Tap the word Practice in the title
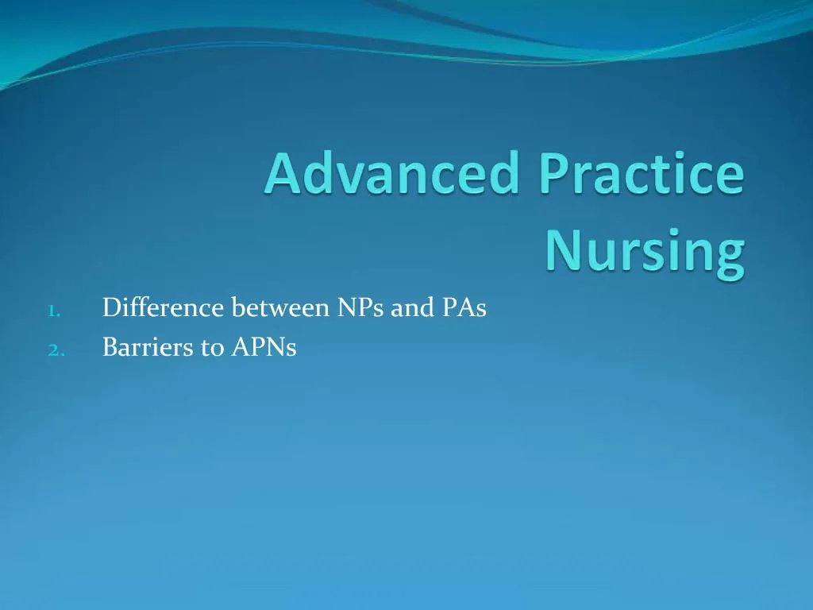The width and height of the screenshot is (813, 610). (x=642, y=173)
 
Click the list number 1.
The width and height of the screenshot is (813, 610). (x=52, y=311)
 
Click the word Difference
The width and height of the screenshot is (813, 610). (x=164, y=307)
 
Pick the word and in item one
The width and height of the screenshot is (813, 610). (x=412, y=307)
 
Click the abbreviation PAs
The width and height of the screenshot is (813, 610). (x=464, y=307)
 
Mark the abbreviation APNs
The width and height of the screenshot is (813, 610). (x=264, y=346)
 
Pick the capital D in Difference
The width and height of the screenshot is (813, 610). (x=111, y=307)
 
